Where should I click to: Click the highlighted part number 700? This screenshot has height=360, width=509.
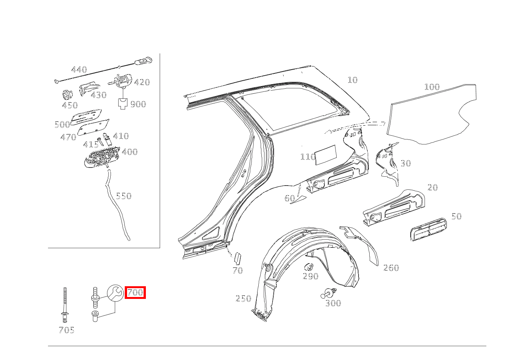[135, 292]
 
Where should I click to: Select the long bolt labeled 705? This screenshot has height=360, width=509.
[65, 305]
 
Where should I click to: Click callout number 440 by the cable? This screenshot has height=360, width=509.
[79, 70]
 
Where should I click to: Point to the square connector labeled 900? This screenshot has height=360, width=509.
[123, 104]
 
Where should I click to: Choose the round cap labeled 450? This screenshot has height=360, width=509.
[67, 95]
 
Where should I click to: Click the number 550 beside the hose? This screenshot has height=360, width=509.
[124, 196]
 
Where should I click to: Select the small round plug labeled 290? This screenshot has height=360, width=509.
[309, 267]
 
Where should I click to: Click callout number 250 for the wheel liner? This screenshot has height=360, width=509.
[243, 299]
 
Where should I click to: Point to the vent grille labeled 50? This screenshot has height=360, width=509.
[428, 229]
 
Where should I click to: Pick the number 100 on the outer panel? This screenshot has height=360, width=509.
[432, 87]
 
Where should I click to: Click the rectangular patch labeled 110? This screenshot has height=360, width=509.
[326, 155]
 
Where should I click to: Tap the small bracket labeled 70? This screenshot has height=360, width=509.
[238, 258]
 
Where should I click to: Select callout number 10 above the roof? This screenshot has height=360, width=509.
[352, 80]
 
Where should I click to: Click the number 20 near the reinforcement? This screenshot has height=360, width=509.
[433, 187]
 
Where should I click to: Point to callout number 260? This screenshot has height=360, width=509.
[391, 268]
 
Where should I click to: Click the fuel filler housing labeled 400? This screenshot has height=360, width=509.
[102, 157]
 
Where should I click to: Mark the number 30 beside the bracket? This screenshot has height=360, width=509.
[406, 163]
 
